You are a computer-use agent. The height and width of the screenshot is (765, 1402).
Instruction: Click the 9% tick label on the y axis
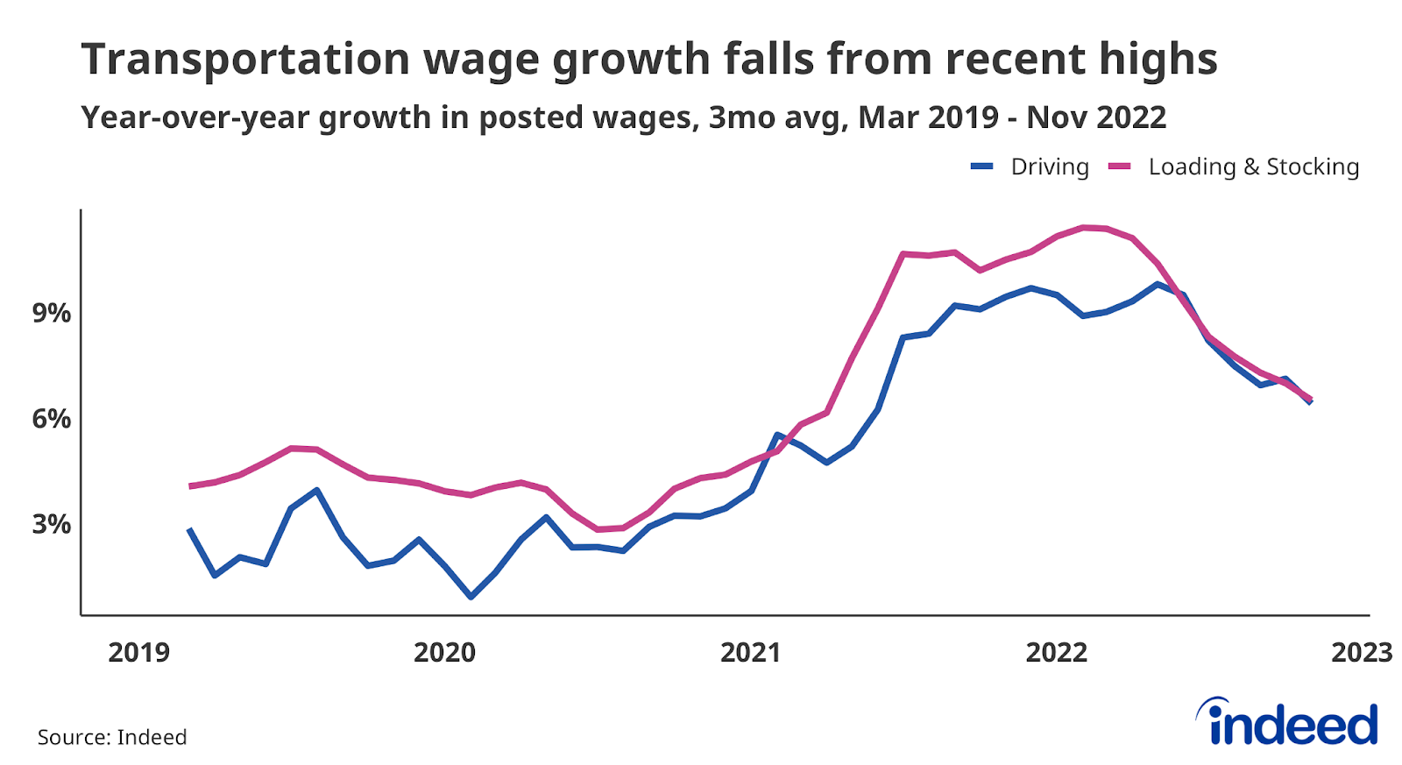coord(52,313)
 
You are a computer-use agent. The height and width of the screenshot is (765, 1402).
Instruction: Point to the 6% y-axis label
coord(52,419)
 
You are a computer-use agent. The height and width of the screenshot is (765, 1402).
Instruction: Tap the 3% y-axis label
coord(52,524)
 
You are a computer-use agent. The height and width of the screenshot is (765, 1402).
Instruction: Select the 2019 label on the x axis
coord(138,653)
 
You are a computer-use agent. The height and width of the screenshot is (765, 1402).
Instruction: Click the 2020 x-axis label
coord(444,653)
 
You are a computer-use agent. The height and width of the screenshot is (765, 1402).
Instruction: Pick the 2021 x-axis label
coord(750,653)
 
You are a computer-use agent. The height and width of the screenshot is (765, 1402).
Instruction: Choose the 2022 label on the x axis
coord(1056,653)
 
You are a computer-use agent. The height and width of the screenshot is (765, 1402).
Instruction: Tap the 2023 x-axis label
coord(1362,653)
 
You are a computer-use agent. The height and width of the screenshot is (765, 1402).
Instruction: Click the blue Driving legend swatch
coord(981,166)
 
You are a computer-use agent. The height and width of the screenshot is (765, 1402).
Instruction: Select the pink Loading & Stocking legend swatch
coord(1120,166)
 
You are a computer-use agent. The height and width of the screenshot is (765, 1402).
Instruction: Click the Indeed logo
coord(1287,724)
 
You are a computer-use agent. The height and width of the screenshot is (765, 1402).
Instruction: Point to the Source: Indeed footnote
coord(112,737)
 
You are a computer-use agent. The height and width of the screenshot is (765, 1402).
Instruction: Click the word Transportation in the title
coord(246,60)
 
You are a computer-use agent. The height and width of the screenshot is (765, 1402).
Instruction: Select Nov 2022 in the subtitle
coord(1096,117)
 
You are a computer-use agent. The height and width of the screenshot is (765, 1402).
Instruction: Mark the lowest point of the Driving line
coord(471,597)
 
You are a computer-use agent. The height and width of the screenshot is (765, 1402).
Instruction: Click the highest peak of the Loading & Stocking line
coord(1085,228)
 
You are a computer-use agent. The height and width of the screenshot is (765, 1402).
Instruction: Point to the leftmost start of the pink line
coord(190,485)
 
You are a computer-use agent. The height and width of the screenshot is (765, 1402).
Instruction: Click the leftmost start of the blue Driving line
coord(189,529)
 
